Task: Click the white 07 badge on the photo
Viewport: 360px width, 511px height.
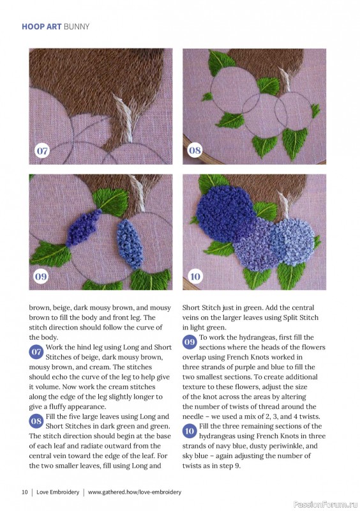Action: coord(42,151)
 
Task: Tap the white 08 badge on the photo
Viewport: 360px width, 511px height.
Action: coord(195,150)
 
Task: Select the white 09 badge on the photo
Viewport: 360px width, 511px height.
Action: coord(41,277)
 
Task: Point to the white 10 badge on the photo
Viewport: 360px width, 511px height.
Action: coord(195,277)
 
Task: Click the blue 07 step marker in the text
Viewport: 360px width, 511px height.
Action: coord(36,352)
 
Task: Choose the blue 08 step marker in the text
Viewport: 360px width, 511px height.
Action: coord(36,421)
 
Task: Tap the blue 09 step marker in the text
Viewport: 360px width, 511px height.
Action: coord(190,342)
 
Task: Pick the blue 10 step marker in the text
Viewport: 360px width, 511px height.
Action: coord(190,431)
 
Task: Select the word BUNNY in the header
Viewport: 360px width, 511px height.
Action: coord(77,27)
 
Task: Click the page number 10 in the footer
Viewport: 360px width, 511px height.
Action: coord(25,492)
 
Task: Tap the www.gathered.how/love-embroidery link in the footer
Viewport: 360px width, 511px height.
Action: coord(135,492)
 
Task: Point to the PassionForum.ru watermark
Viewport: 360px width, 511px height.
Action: coord(326,505)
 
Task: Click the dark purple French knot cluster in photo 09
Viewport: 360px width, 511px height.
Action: coord(83,227)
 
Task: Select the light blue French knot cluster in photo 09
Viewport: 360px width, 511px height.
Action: coord(130,243)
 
